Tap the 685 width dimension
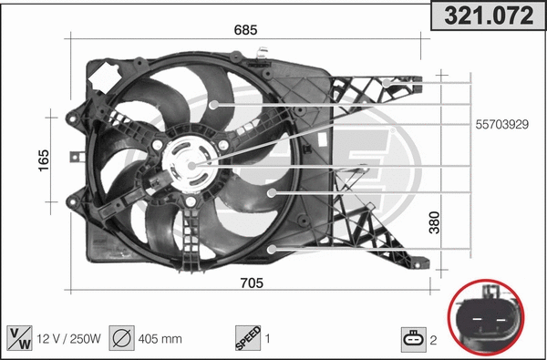(246, 29)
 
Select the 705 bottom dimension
(251, 283)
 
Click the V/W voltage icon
(18, 338)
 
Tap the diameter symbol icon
(119, 338)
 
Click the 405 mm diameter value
(160, 339)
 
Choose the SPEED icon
(247, 338)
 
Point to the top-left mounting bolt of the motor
(160, 145)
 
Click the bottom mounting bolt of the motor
(191, 203)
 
